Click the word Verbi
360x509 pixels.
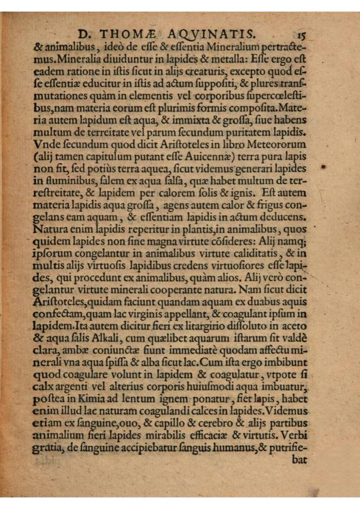[292, 434]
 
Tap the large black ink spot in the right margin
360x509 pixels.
[323, 167]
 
